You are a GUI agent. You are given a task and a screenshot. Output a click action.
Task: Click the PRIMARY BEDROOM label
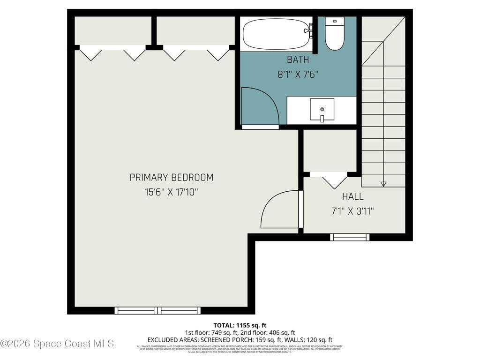pyautogui.click(x=171, y=178)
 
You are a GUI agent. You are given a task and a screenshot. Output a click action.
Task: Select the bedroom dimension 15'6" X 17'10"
pyautogui.click(x=171, y=192)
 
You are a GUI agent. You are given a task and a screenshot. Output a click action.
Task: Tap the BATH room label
pyautogui.click(x=298, y=60)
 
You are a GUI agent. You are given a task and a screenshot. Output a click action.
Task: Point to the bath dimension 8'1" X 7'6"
pyautogui.click(x=298, y=74)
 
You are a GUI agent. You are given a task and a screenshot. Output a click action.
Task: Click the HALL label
pyautogui.click(x=352, y=196)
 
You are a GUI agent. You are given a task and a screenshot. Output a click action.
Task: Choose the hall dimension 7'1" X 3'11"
pyautogui.click(x=352, y=211)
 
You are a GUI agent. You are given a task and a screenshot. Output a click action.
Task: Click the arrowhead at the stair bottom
pyautogui.click(x=383, y=184)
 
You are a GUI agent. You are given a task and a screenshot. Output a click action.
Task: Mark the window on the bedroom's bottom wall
pyautogui.click(x=157, y=310)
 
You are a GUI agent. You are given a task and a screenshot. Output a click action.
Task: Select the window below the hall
pyautogui.click(x=350, y=237)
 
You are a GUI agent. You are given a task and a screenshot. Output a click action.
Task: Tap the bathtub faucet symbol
pyautogui.click(x=308, y=30)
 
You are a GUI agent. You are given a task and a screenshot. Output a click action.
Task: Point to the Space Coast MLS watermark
pyautogui.click(x=57, y=344)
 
